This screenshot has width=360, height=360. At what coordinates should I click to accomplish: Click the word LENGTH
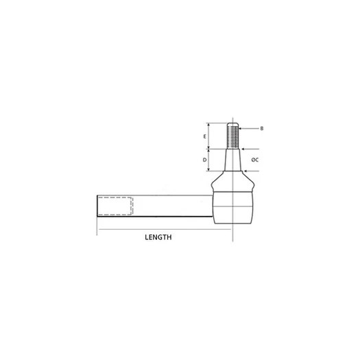pos(158,237)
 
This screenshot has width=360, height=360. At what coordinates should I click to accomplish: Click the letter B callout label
pos(261,128)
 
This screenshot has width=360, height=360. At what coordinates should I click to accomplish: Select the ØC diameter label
pos(254,159)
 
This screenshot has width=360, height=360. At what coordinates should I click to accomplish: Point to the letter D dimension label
pos(205,160)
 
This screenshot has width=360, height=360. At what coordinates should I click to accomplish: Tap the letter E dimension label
pos(205,136)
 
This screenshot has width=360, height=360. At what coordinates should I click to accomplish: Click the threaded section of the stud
pos(233,136)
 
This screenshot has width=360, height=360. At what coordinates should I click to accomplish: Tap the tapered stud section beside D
pos(233,162)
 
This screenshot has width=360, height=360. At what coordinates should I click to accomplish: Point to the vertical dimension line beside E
pos(209,136)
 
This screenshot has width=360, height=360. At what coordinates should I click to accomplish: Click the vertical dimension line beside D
pos(209,160)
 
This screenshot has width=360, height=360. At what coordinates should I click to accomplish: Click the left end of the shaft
pos(98,206)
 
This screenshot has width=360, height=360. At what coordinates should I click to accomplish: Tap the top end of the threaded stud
pos(233,124)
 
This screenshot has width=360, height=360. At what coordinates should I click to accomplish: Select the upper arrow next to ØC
pos(245,149)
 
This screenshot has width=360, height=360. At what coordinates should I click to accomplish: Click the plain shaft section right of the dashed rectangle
pos(171,206)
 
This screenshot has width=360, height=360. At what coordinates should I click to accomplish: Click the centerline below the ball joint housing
pos(233,233)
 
